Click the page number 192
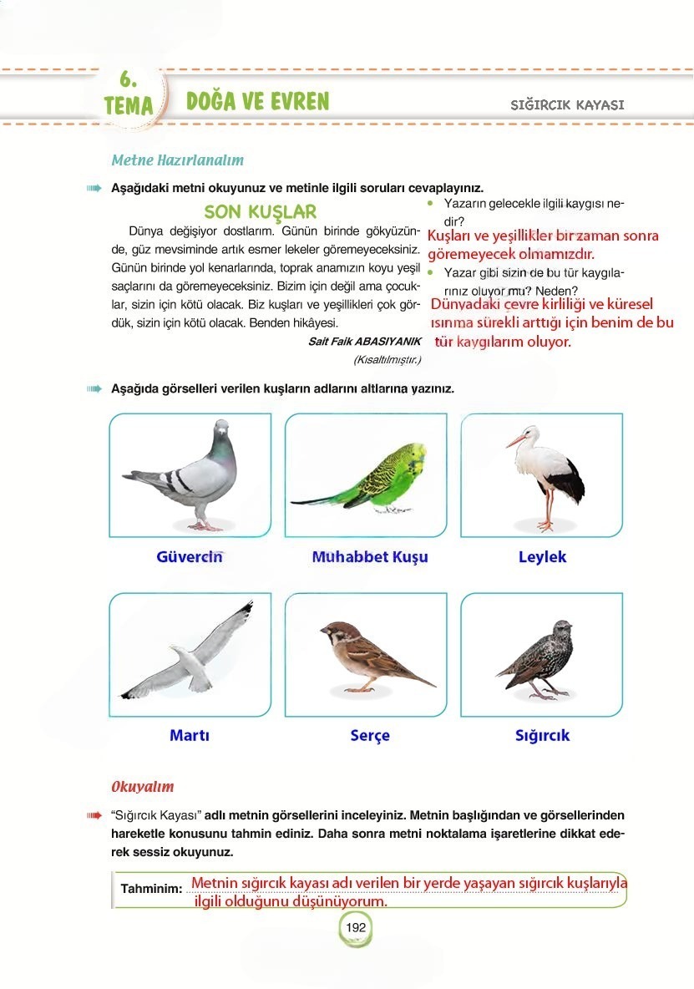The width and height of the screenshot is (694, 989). click(x=356, y=927)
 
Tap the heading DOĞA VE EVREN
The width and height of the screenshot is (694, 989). click(x=257, y=102)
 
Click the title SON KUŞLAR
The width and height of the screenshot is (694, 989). click(x=260, y=212)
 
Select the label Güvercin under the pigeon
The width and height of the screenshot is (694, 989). click(x=190, y=557)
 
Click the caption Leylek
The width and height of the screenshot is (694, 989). click(x=542, y=557)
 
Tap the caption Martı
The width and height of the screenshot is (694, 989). click(x=190, y=736)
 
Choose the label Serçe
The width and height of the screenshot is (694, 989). click(x=370, y=736)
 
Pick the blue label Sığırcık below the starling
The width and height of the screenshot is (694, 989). click(x=542, y=736)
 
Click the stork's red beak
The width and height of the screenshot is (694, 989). click(x=515, y=441)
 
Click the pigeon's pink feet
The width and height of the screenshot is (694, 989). click(x=203, y=525)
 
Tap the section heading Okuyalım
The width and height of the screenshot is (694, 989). click(x=143, y=787)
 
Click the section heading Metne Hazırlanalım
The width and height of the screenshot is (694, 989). click(x=177, y=160)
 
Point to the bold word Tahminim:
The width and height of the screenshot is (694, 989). click(x=151, y=888)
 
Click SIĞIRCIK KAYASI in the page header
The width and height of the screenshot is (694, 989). click(x=567, y=105)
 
